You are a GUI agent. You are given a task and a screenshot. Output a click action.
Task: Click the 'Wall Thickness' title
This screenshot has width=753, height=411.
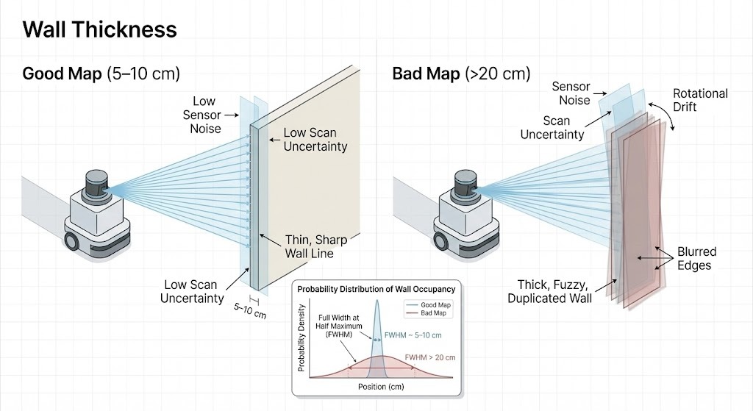[x=100, y=29]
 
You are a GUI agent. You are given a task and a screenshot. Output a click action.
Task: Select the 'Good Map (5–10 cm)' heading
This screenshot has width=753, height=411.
[x=101, y=74]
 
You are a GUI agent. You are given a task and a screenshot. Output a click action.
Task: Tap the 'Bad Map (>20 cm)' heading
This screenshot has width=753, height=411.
[x=460, y=74]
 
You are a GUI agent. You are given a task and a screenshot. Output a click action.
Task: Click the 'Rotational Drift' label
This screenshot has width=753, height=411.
[x=700, y=100]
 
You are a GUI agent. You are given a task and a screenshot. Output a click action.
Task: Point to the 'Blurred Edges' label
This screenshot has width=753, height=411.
[x=696, y=258]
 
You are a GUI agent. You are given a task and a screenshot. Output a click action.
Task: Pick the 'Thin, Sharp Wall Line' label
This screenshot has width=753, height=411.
[x=316, y=247]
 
